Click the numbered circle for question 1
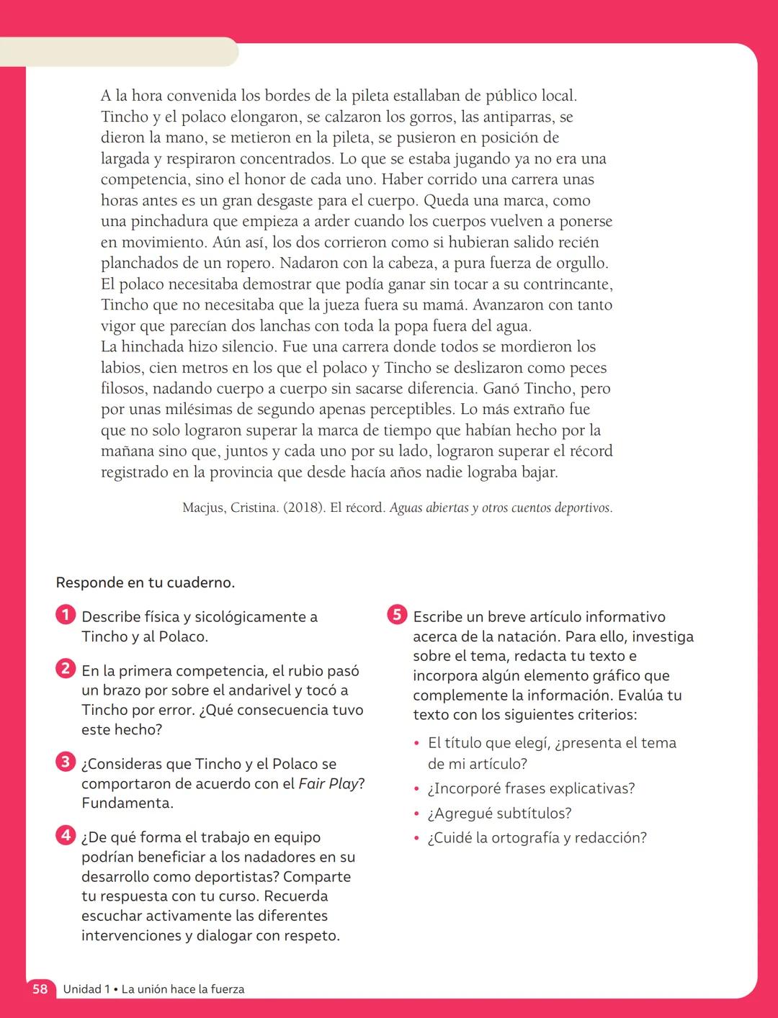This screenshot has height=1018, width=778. point(65,615)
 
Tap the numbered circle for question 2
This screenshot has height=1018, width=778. point(65,669)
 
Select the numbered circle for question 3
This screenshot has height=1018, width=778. point(65,762)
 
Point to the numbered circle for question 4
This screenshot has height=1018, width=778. point(65,835)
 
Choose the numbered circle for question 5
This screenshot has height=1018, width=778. point(397,615)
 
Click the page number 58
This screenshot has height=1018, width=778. point(40,989)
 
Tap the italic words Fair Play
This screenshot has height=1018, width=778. point(328,783)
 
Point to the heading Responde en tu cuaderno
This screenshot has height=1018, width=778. point(145,582)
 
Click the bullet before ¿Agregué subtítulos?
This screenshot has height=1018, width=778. point(416,814)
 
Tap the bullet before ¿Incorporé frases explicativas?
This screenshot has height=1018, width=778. point(416,790)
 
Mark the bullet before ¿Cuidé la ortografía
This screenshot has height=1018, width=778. point(416,839)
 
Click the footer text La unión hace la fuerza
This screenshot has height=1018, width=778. point(182,989)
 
